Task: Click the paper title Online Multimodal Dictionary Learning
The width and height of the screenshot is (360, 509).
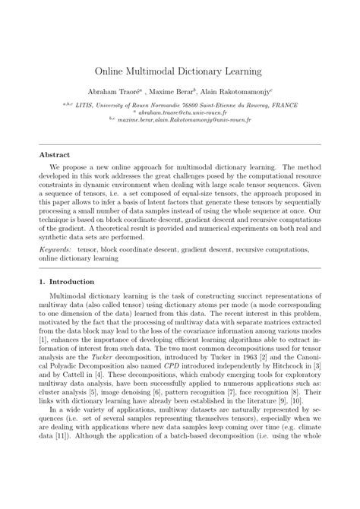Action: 179,71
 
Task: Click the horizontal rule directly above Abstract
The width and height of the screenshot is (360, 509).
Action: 179,142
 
